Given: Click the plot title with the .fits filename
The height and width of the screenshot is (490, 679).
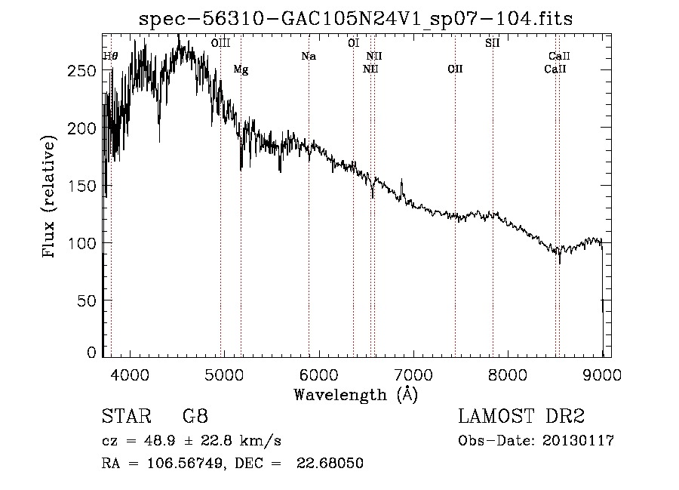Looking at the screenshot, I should point(356,19).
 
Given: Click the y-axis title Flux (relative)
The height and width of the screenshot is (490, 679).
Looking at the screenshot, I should point(51,197).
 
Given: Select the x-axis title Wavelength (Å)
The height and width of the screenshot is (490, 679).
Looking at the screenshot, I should point(355,393).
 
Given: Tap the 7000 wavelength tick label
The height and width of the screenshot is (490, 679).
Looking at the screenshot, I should point(413,374).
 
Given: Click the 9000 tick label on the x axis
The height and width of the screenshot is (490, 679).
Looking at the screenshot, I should point(602,374).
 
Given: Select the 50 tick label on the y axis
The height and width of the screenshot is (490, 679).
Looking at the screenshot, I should point(87,300).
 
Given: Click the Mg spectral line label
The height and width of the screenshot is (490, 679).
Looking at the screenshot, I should point(241,70).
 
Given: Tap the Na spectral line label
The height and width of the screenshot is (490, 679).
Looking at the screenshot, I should point(308,56).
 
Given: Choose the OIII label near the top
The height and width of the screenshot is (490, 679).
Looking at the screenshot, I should point(220,43).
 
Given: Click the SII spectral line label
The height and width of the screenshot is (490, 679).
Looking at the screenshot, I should point(492,43).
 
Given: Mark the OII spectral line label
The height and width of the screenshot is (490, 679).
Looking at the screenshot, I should point(455,69).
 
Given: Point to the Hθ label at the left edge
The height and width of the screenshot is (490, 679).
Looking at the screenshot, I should point(110,56).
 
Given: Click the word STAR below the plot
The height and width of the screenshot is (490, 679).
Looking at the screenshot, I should point(125,416).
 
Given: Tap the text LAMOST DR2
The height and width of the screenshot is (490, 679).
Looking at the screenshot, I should point(521,416).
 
